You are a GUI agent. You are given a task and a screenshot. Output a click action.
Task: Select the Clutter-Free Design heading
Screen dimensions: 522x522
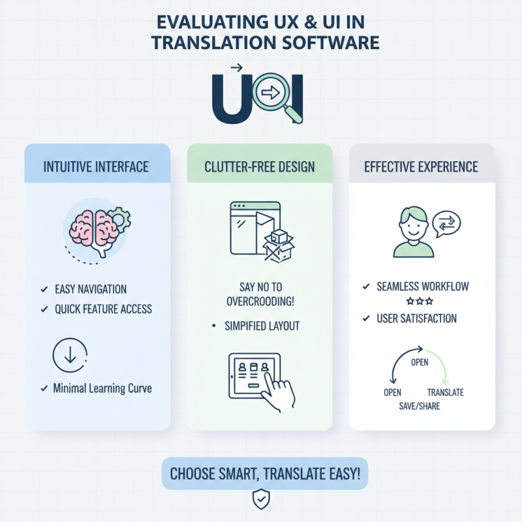260,166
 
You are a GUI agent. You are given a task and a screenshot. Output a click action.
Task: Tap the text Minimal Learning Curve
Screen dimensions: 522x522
102,388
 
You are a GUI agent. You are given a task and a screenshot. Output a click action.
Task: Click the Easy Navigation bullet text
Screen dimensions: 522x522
91,289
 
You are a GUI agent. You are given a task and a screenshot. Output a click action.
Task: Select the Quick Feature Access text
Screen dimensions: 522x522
103,309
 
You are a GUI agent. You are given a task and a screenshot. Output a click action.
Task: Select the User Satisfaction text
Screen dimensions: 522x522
416,319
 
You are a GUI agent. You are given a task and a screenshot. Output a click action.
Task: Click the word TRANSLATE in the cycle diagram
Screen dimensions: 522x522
445,393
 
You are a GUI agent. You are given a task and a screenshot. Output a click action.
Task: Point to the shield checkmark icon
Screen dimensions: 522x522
260,500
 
